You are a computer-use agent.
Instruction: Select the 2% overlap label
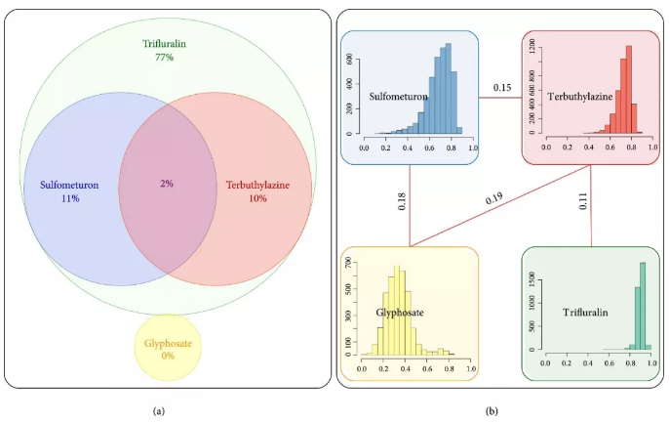coord(167,184)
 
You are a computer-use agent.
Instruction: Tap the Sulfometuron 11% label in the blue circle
coord(68,190)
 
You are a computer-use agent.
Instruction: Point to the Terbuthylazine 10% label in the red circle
coord(256,190)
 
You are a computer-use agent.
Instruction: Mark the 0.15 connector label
coord(501,88)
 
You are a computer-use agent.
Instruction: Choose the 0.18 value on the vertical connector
coord(402,200)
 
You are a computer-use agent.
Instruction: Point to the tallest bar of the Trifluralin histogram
coord(643,305)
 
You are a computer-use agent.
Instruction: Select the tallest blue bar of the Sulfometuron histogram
coord(448,88)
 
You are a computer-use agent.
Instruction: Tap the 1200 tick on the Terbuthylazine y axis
coord(532,45)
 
